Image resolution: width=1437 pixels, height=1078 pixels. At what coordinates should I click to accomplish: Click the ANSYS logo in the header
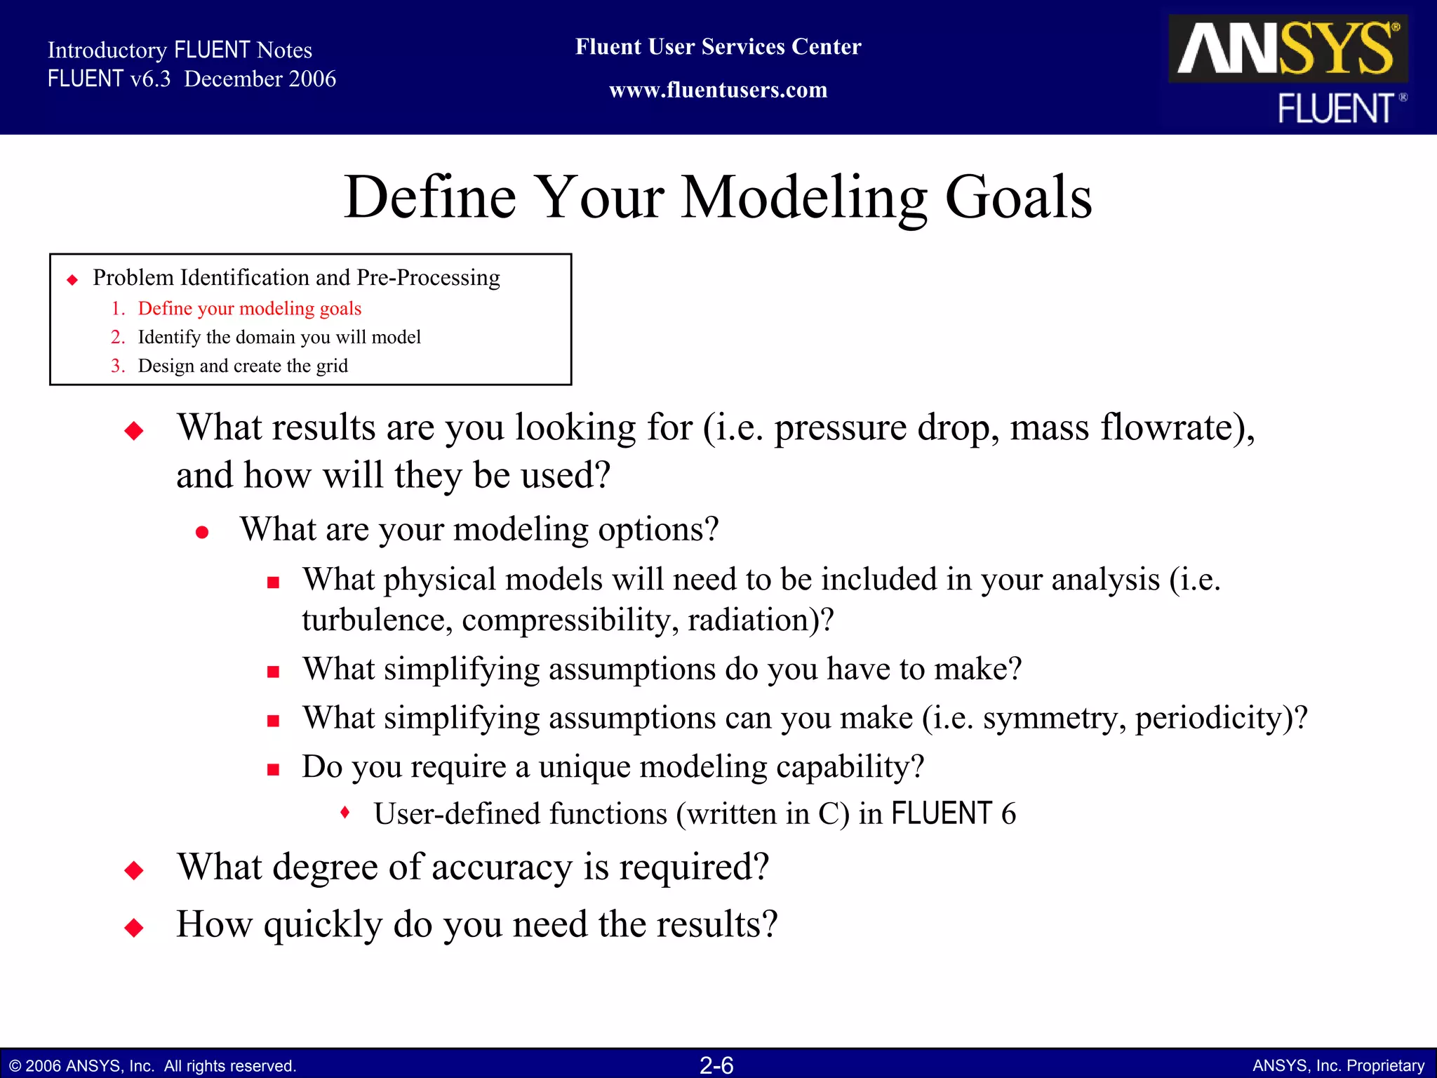coord(1288,48)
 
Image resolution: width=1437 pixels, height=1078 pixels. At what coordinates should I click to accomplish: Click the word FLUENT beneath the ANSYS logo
coord(1335,109)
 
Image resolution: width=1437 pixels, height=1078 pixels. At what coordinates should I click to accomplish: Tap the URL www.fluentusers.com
coord(718,90)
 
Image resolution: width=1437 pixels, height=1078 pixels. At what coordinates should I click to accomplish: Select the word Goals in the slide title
coord(1018,198)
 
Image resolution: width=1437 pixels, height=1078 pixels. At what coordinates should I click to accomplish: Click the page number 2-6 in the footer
coord(716,1065)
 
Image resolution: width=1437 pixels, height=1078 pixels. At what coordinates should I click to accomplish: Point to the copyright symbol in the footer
coord(15,1066)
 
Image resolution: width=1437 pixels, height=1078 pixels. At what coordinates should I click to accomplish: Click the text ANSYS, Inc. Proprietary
coord(1338,1065)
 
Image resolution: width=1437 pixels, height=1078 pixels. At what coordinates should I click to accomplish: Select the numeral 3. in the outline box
coord(118,366)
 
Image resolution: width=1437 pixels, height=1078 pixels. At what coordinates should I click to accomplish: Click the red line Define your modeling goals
coord(249,308)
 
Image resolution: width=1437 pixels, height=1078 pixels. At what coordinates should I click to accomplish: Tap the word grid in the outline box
coord(332,366)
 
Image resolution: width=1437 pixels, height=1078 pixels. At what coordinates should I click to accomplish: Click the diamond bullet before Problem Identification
coord(72,280)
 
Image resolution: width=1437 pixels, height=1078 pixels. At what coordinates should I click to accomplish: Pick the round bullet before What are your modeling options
coord(202,533)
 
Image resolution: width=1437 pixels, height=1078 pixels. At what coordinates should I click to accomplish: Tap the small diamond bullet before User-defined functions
coord(345,813)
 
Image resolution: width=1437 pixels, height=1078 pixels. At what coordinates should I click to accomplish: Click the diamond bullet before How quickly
coord(133,928)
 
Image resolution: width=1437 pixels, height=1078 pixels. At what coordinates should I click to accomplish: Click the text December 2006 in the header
coord(260,79)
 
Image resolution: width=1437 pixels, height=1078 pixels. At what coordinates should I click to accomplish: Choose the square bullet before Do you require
coord(273,769)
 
